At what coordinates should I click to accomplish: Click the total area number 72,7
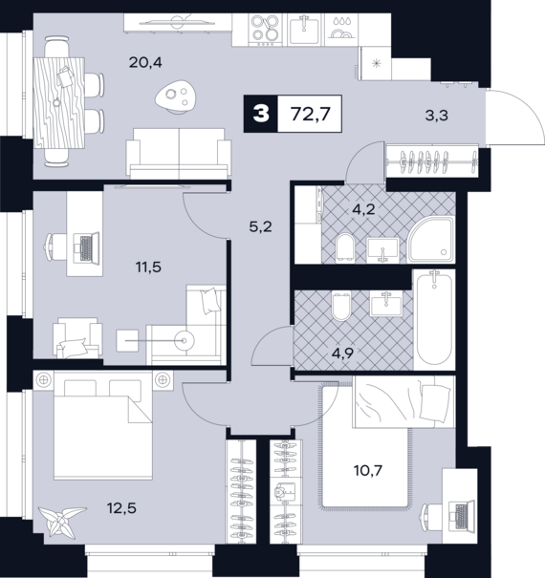(x=310, y=114)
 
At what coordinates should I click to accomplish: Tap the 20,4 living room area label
(x=145, y=63)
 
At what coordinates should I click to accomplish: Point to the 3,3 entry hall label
(x=437, y=116)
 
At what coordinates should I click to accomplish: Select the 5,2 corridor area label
(x=260, y=226)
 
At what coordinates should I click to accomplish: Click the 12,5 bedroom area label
(x=121, y=508)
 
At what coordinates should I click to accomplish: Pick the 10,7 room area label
(x=368, y=470)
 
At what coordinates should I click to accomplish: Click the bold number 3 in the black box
(x=261, y=114)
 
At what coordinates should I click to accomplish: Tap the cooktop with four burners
(x=265, y=30)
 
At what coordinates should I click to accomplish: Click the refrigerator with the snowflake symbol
(x=375, y=63)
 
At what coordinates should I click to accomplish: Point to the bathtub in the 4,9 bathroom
(x=434, y=320)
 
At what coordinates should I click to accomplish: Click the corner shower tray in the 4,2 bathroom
(x=431, y=240)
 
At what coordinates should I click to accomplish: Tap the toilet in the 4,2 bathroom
(x=345, y=246)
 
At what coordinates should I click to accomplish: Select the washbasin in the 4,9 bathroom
(x=385, y=304)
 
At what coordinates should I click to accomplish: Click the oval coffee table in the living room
(x=176, y=96)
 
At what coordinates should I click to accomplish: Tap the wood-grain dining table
(x=59, y=103)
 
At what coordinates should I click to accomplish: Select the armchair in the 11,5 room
(x=77, y=337)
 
